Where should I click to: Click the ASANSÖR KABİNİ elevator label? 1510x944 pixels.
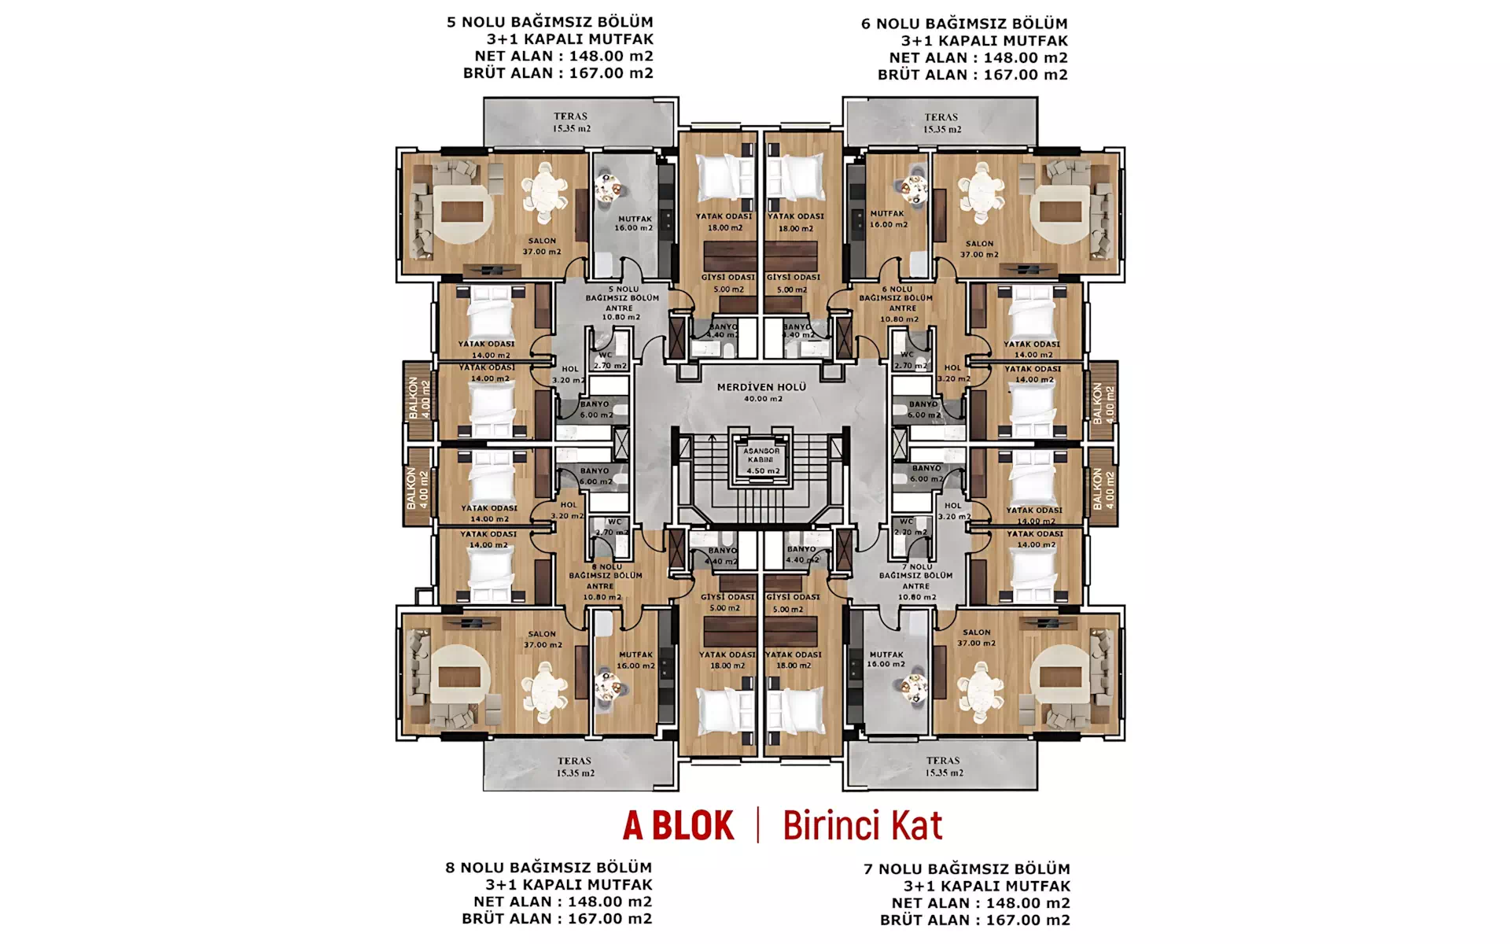[761, 455]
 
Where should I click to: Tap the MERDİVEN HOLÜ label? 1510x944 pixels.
[761, 388]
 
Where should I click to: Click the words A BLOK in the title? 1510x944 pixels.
[678, 826]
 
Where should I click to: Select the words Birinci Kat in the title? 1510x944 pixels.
[862, 826]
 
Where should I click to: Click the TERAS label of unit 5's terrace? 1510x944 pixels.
[570, 116]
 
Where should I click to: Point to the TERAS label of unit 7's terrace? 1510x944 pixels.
[942, 761]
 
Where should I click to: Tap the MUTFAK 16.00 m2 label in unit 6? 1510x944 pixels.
[887, 219]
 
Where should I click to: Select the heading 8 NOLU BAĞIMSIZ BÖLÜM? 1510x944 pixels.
[548, 868]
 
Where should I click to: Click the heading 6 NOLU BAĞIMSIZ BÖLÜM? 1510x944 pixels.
[964, 24]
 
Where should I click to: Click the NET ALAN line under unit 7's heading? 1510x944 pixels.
[980, 903]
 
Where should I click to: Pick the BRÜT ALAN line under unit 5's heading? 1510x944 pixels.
[558, 73]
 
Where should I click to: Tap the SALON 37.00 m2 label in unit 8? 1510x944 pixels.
[542, 639]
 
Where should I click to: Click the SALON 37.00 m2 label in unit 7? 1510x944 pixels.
[977, 637]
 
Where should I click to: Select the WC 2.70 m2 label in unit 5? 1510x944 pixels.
[609, 360]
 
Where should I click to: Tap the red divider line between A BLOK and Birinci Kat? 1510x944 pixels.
[758, 825]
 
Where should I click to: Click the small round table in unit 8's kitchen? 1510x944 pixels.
[606, 685]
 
